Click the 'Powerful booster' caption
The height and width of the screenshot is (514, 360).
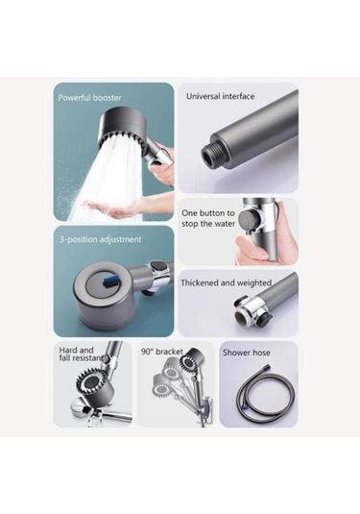(x=89, y=98)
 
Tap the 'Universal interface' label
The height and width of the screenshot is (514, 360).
(x=220, y=96)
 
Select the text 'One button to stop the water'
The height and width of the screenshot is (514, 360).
(x=208, y=218)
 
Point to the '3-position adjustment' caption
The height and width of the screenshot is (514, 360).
(x=100, y=239)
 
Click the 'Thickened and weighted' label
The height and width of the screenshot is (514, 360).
(x=226, y=282)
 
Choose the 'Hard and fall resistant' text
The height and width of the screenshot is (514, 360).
(x=82, y=354)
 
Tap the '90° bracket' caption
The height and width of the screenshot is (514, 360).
(x=162, y=352)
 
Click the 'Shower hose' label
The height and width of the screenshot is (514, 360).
(x=247, y=353)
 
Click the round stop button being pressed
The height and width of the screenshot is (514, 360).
(x=247, y=218)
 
